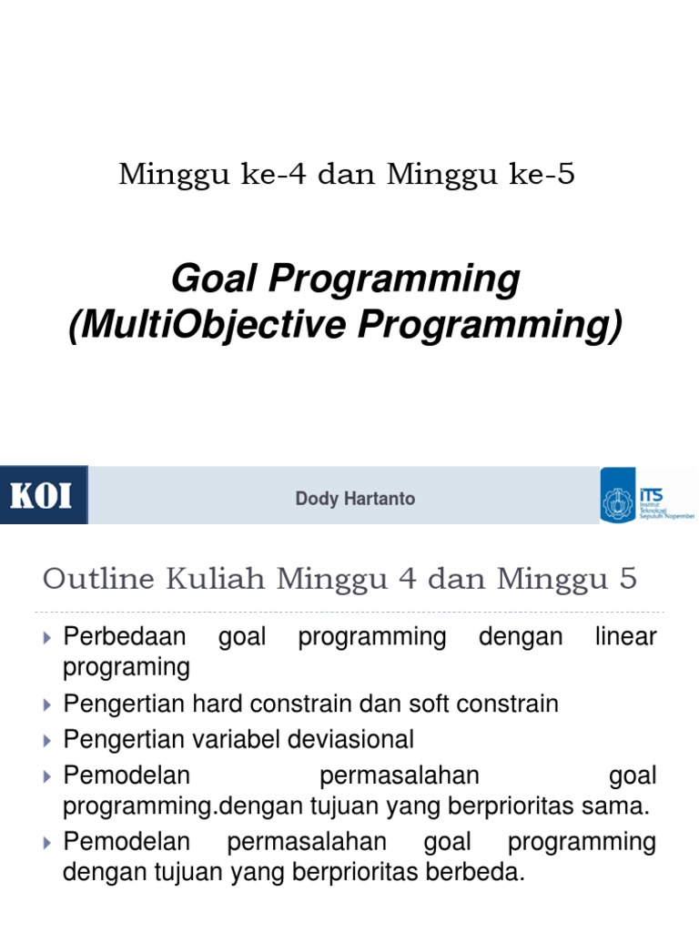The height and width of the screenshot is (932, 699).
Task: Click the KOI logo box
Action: [43, 495]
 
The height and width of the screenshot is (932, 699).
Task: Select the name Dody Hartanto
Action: [355, 499]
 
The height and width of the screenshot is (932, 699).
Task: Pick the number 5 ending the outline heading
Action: [627, 578]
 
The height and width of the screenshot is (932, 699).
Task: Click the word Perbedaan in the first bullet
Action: [125, 637]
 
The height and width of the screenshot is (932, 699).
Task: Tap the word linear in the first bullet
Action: [625, 637]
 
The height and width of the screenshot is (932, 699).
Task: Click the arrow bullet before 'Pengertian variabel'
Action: [48, 738]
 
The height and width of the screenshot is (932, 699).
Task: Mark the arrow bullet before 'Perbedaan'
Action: [48, 637]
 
